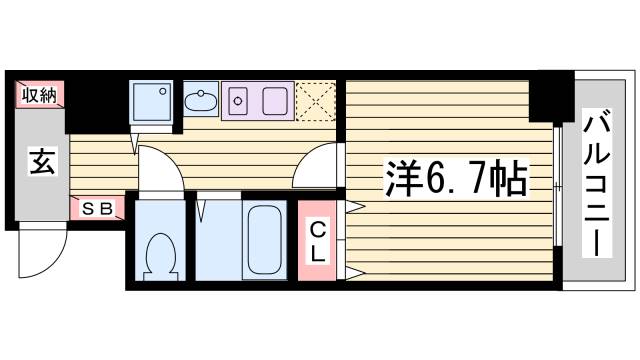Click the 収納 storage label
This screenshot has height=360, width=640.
(x=39, y=96)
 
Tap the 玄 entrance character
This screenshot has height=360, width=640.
(x=40, y=160)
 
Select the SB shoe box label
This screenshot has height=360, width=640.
(x=97, y=209)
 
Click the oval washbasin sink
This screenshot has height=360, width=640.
(x=200, y=100)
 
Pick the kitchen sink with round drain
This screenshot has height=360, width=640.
(x=239, y=100)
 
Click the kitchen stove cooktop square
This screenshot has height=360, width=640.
(x=274, y=100)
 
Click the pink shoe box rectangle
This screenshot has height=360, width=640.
(x=97, y=209)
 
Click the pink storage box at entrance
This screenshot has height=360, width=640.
(x=39, y=96)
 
